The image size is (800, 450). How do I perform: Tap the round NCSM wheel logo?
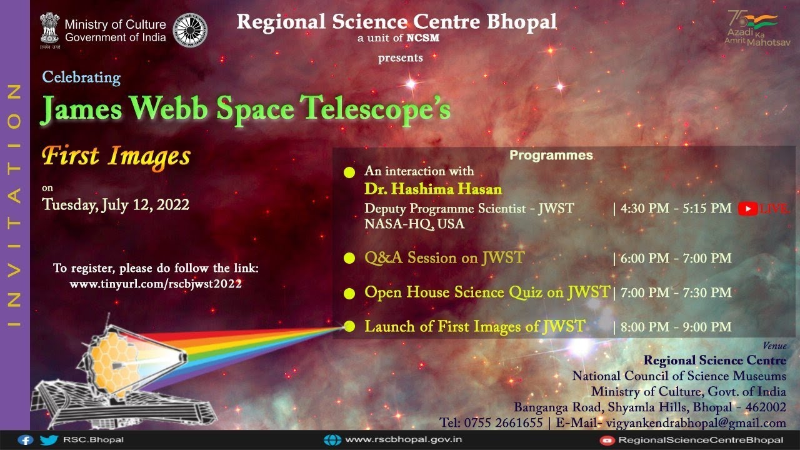pyautogui.click(x=190, y=30)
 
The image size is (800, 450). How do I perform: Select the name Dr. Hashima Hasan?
pyautogui.click(x=433, y=189)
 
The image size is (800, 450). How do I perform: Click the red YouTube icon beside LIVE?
pyautogui.click(x=747, y=209)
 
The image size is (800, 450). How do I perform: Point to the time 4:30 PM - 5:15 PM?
pyautogui.click(x=675, y=209)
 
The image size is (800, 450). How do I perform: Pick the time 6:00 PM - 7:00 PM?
pyautogui.click(x=675, y=258)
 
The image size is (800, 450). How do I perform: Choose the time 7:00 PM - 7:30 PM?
pyautogui.click(x=675, y=292)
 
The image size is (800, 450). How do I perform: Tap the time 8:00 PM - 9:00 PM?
pyautogui.click(x=675, y=327)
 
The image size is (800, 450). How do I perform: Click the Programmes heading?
pyautogui.click(x=551, y=156)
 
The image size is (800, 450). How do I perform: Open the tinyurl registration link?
pyautogui.click(x=156, y=284)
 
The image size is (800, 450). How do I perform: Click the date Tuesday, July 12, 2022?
pyautogui.click(x=116, y=204)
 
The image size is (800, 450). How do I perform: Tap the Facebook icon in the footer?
pyautogui.click(x=26, y=440)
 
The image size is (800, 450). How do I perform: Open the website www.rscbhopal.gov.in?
pyautogui.click(x=403, y=440)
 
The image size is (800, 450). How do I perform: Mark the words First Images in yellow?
pyautogui.click(x=116, y=156)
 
